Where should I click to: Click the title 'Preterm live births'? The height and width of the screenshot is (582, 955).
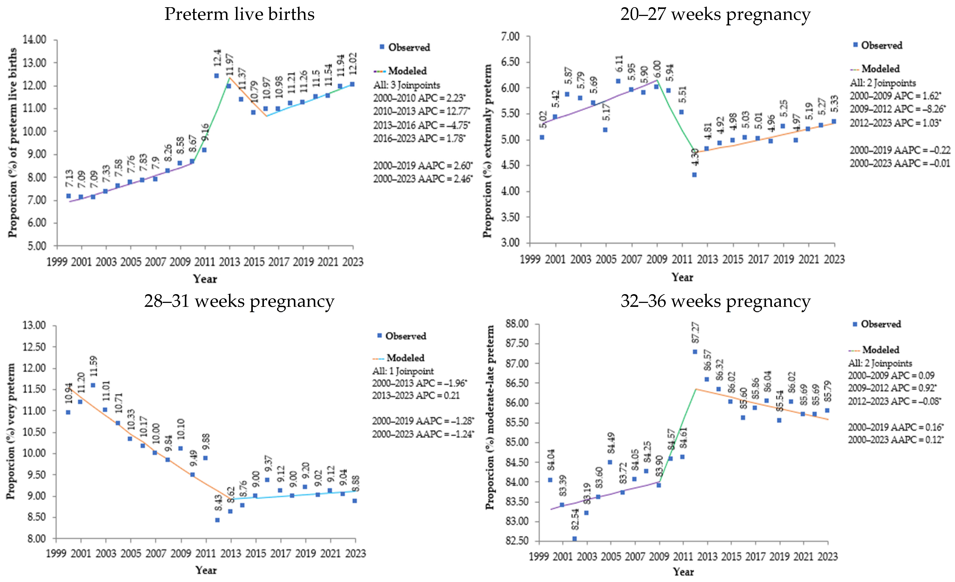coord(239,14)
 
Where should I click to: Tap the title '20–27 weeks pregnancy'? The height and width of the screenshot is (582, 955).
coord(715,14)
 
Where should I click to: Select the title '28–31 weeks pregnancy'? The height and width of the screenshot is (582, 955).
coord(239,301)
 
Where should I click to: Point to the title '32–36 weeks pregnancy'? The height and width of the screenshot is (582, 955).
coord(715,301)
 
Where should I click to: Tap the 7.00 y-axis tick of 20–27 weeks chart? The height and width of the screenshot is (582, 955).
coord(510,37)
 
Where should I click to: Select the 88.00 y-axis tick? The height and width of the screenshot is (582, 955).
coord(517,324)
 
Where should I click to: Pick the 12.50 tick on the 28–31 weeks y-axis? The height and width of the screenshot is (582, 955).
coord(34,347)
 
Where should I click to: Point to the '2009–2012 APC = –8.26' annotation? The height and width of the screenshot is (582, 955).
coord(897,109)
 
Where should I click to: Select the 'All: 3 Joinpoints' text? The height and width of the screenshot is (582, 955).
coord(407,85)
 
